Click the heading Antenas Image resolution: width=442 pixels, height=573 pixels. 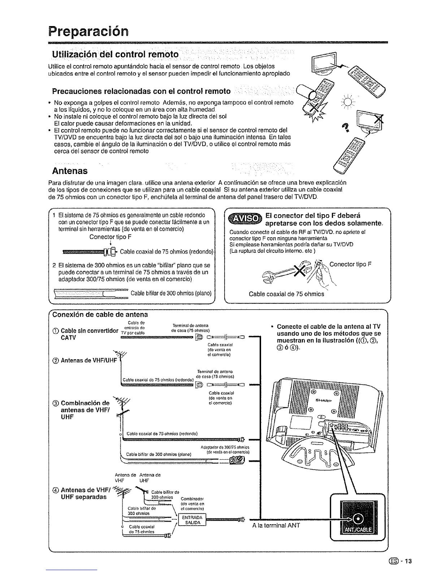pos(70,170)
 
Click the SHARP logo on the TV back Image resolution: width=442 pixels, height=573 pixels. pos(324,400)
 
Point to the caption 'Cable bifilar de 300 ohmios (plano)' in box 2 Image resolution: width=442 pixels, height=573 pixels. pos(171,293)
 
